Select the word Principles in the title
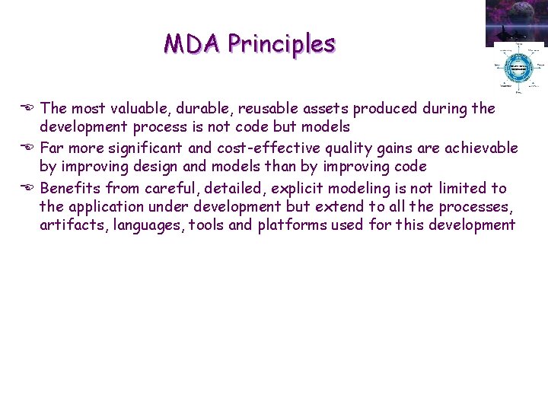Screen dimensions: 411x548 point(281,44)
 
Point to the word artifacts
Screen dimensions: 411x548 point(69,225)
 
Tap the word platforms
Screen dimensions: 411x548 point(292,225)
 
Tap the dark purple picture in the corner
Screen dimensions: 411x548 point(516,21)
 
